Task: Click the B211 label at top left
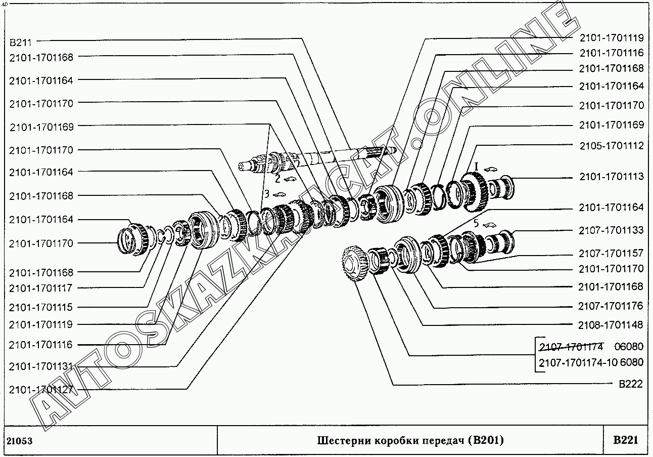point(21,42)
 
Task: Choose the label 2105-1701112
point(611,146)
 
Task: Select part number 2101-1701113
point(611,177)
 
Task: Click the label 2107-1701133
point(611,231)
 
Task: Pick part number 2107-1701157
point(611,253)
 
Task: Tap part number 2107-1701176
point(611,306)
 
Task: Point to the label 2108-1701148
point(611,325)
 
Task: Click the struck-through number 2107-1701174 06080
point(591,347)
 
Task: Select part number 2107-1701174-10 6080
point(591,363)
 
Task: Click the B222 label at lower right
point(631,384)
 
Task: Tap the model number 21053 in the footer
point(20,441)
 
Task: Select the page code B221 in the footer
point(625,440)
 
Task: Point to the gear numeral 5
point(475,223)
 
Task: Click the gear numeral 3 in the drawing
point(265,193)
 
